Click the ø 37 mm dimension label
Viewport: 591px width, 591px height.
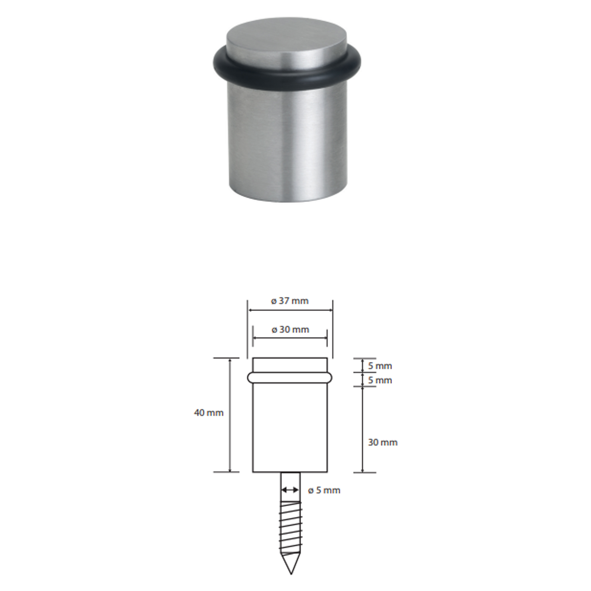290,301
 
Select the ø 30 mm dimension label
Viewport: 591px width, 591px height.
290,329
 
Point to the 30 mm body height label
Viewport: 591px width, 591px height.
383,442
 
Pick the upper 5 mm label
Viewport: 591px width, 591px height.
380,366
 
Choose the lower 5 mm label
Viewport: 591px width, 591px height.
380,380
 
